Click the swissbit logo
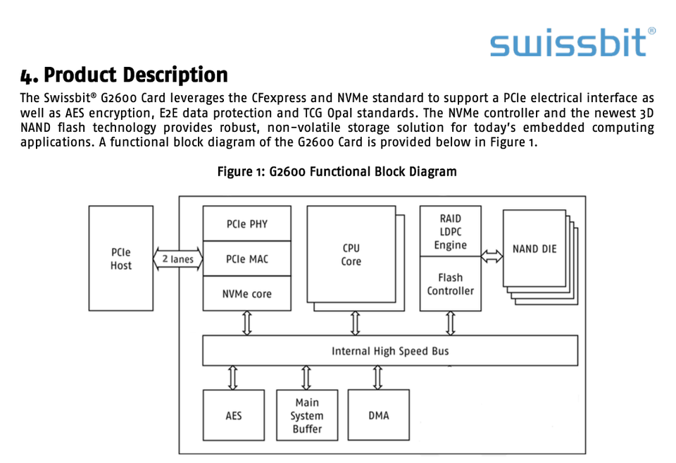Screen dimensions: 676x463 coord(572,42)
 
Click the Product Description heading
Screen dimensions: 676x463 coord(124,75)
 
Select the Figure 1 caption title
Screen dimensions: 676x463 coord(337,172)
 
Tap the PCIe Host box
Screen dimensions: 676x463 coord(120,258)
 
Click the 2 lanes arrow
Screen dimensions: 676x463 coord(177,259)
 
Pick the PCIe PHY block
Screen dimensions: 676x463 coord(247,223)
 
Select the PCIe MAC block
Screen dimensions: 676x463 coord(247,259)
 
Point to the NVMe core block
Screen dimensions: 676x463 coord(247,293)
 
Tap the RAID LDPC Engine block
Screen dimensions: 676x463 coord(451,231)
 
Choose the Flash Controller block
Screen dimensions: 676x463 coord(451,283)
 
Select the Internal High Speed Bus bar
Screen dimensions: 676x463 coord(390,350)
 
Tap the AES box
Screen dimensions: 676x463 coord(234,415)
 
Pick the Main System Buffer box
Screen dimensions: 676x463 coord(307,415)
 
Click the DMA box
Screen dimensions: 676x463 coord(379,415)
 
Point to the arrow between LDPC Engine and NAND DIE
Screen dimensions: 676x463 coord(492,257)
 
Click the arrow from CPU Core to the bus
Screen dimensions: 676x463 coord(355,323)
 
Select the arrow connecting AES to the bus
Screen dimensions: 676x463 coord(233,378)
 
